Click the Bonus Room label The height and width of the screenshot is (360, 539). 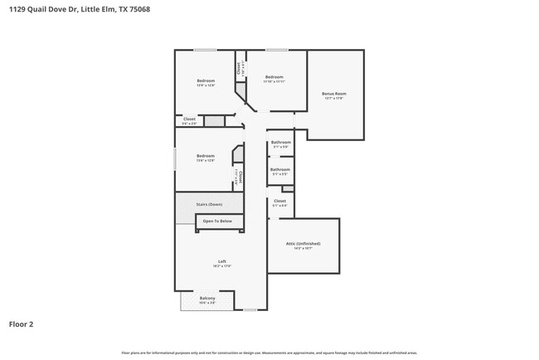coord(334,94)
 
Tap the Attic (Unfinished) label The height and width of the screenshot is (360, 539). coord(303,244)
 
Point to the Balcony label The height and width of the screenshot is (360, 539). coord(207,298)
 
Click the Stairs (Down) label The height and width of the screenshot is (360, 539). coord(209,204)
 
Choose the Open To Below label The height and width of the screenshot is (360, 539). coord(219,221)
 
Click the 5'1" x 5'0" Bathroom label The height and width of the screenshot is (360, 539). coord(279,142)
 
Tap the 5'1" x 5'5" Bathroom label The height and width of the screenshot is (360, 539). coord(279,170)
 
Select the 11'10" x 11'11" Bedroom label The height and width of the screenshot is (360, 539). coord(274,77)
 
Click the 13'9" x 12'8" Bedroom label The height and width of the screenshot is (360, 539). coord(206,80)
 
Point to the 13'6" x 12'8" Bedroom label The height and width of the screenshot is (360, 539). coord(206,156)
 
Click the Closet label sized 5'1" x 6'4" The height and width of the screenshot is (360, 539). coord(279,201)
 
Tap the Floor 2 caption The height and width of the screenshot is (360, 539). coord(21,324)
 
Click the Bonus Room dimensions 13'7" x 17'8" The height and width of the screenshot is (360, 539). coord(334,99)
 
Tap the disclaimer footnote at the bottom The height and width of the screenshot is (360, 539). coord(269,353)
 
